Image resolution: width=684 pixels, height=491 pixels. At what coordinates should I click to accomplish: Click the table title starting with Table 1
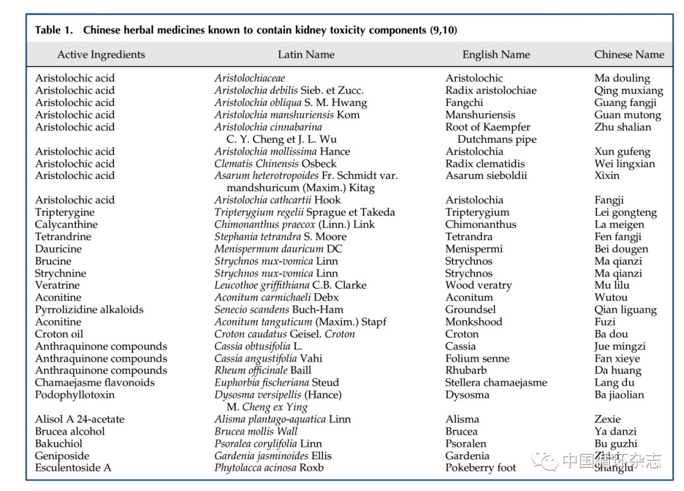click(x=246, y=30)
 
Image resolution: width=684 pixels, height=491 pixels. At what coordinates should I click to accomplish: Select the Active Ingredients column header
click(x=101, y=55)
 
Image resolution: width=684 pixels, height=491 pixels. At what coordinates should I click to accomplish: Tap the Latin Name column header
click(x=306, y=55)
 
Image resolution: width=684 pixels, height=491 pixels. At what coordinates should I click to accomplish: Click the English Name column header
click(x=496, y=55)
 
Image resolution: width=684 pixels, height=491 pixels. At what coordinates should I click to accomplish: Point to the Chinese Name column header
click(x=629, y=55)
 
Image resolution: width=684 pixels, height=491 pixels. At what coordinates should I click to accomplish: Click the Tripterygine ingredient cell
click(x=65, y=212)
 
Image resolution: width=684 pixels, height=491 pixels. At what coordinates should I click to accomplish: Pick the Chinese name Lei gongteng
click(x=626, y=213)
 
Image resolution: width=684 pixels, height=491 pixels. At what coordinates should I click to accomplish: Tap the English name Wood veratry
click(x=478, y=285)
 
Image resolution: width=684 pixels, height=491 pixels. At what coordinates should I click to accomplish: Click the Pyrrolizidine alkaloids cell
click(x=89, y=310)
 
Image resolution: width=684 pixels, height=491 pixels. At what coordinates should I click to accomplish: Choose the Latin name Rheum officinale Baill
click(x=263, y=370)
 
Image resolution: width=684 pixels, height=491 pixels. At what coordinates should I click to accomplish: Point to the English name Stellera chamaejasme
click(x=496, y=383)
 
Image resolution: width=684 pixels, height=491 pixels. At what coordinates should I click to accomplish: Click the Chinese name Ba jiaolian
click(x=619, y=395)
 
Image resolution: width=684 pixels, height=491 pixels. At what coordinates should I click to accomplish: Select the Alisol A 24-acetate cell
click(x=80, y=419)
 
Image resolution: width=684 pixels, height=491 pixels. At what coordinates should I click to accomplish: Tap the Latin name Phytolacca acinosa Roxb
click(x=269, y=468)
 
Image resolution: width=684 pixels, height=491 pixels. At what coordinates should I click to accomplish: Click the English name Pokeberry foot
click(x=481, y=468)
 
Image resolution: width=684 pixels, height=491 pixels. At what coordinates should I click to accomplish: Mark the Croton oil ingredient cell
click(x=60, y=334)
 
